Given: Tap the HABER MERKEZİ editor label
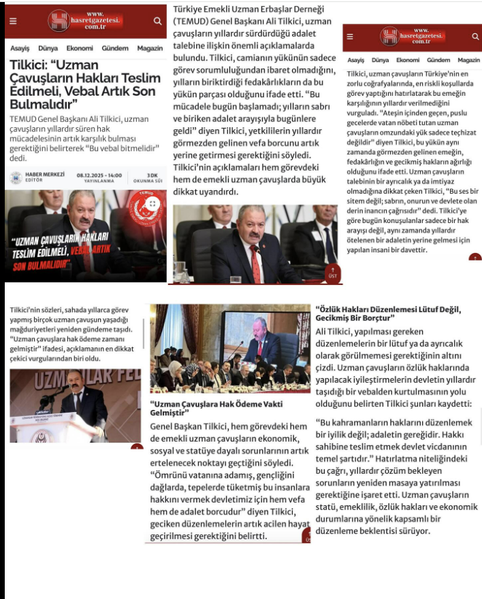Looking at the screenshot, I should click(44, 174).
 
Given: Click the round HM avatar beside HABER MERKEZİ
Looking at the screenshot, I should click(15, 177).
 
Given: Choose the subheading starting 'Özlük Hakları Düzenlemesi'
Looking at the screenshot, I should click(388, 313).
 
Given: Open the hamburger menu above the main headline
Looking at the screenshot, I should click(12, 21).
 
